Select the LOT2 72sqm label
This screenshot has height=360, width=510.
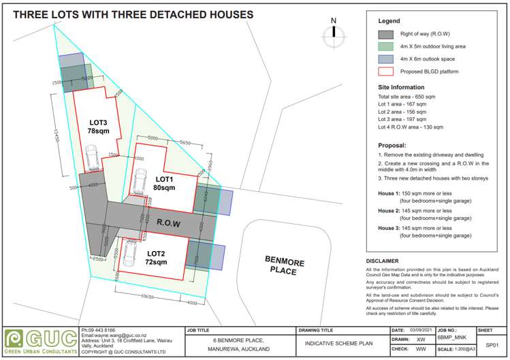point(157,257)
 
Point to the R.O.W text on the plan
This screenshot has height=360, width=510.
point(168,223)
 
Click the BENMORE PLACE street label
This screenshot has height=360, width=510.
point(285,266)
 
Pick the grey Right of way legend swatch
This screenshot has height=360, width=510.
point(385,33)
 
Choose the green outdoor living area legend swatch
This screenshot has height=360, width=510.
point(385,46)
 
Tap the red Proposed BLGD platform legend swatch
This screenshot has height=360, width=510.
point(385,70)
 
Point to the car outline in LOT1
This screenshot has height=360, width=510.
point(139,182)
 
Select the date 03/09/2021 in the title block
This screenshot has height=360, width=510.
point(421,330)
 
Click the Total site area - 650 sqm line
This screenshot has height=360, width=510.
point(407,97)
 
